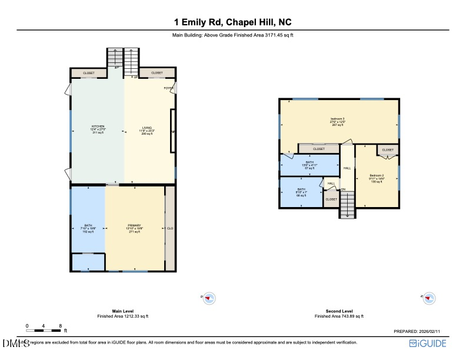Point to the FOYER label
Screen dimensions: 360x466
(x=168, y=88)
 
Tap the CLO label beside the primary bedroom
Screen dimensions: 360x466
(x=170, y=228)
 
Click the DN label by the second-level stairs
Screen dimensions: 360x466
(x=343, y=189)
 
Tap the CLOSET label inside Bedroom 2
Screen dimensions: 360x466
(x=388, y=150)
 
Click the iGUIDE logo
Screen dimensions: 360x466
(x=429, y=343)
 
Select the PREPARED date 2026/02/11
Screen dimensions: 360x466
(x=420, y=332)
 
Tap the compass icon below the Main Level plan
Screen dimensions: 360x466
(x=209, y=298)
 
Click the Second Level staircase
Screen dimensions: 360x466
(x=348, y=206)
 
